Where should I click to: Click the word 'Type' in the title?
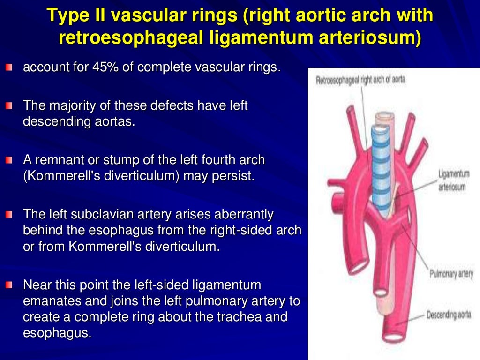[66, 15]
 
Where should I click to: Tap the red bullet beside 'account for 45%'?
[10, 68]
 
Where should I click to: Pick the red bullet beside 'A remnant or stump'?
[10, 161]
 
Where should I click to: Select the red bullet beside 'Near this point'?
[10, 285]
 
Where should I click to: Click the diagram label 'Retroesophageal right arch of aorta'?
[360, 80]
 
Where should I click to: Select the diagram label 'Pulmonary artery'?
[451, 274]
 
